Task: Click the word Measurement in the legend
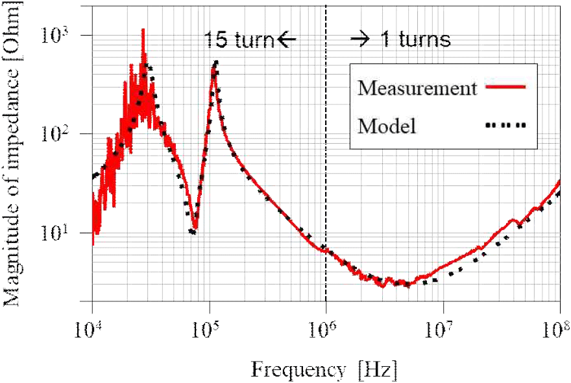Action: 417,87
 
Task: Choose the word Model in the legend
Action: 387,126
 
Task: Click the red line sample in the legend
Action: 503,86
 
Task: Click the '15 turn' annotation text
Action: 238,40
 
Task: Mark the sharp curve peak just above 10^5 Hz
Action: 215,63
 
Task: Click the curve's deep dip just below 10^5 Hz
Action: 193,231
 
